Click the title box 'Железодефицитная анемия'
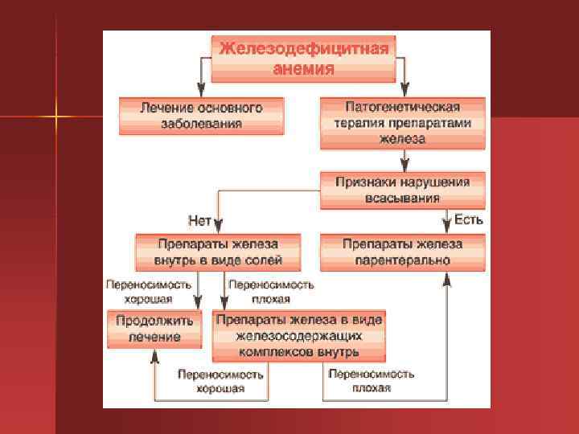[304, 57]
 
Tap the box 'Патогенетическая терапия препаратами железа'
[402, 122]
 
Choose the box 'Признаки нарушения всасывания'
[402, 189]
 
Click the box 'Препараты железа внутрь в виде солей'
[217, 252]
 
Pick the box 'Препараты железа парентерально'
[402, 252]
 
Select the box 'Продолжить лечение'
[155, 329]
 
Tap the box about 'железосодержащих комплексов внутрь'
[298, 336]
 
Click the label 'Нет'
[199, 219]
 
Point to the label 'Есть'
[469, 219]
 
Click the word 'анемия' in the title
[304, 69]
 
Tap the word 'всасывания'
[402, 198]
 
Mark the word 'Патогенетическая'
[402, 107]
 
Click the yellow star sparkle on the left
[57, 117]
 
